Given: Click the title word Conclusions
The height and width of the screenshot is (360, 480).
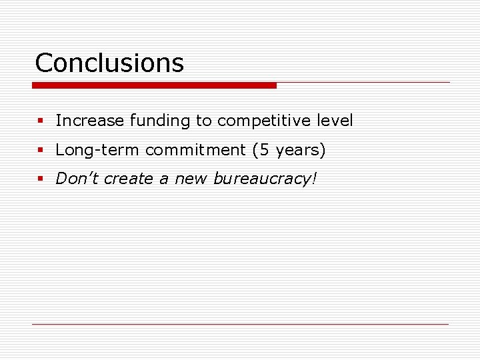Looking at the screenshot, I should tap(109, 63).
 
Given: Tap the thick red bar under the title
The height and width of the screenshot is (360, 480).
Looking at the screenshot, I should tap(154, 85).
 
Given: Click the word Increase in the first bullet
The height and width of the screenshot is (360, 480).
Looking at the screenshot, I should tap(90, 121).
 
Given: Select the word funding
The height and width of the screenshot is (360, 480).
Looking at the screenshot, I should tap(160, 121).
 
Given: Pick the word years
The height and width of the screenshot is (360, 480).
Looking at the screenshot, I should tap(295, 151).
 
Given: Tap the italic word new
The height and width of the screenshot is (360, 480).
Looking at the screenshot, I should tap(191, 179).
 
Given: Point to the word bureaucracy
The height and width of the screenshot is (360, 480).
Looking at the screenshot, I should tap(260, 179).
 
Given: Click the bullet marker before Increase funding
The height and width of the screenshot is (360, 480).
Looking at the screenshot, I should tap(40, 121).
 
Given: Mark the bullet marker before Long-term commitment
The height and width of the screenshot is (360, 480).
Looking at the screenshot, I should tap(40, 151).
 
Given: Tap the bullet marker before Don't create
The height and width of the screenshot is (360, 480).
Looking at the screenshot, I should tap(40, 179).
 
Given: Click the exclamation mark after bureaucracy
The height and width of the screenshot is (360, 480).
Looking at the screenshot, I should tap(313, 178).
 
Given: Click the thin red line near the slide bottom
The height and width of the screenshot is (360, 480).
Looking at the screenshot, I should tap(240, 324).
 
